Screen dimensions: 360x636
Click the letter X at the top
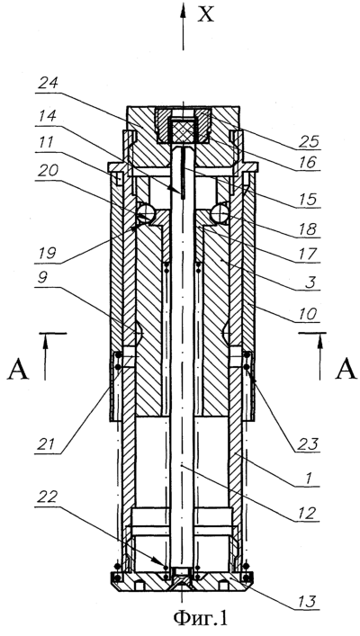click(205, 14)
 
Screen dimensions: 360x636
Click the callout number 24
click(48, 84)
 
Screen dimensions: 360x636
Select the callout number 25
click(310, 142)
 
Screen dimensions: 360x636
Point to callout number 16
click(310, 163)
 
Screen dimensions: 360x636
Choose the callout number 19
click(47, 255)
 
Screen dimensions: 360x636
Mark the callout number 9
click(45, 279)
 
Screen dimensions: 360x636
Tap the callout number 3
click(310, 282)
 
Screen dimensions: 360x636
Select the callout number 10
click(310, 314)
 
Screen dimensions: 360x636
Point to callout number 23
click(310, 443)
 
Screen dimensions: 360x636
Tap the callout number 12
click(310, 514)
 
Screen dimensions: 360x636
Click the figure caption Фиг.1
click(201, 619)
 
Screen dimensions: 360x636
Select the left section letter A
click(17, 369)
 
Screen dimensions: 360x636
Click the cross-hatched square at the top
click(183, 130)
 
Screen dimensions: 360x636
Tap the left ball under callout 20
click(144, 211)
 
